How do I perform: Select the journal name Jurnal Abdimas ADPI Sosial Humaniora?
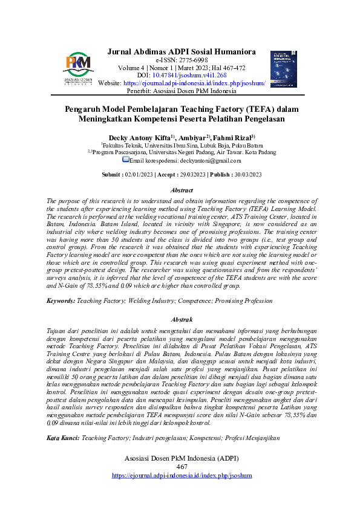182,51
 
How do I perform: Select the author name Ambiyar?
192,138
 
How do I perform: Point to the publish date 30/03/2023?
245,174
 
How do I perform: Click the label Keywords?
61,300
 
